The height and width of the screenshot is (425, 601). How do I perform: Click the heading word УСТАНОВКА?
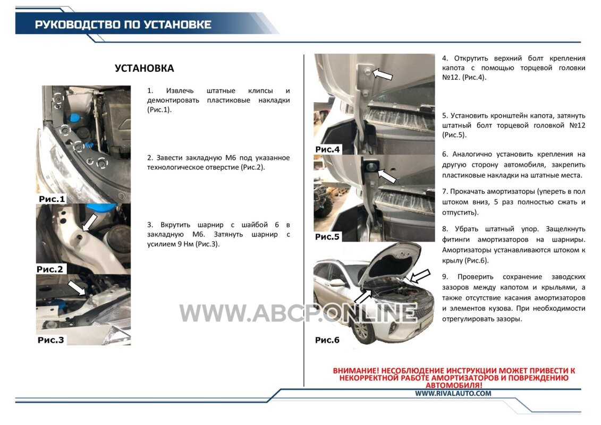[x=144, y=68]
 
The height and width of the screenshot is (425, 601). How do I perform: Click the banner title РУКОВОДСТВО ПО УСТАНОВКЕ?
[x=123, y=24]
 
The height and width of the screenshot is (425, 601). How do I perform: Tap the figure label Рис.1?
[x=52, y=199]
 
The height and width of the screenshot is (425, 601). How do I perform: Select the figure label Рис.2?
[x=50, y=269]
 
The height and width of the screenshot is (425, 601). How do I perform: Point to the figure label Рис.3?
[x=50, y=340]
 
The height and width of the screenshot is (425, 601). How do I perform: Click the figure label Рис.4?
[x=327, y=149]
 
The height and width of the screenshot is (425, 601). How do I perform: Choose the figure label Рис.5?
[x=327, y=237]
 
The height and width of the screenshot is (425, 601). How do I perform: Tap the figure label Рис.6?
[x=327, y=340]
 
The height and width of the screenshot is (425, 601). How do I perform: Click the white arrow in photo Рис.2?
[x=90, y=222]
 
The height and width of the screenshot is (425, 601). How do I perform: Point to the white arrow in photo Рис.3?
[x=77, y=287]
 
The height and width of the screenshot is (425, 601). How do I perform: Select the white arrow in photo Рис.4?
[x=383, y=74]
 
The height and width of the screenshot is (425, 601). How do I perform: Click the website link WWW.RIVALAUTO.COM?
[x=453, y=393]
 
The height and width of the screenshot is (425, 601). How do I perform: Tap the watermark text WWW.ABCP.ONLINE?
[x=298, y=313]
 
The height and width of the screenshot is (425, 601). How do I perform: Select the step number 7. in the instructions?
[x=445, y=191]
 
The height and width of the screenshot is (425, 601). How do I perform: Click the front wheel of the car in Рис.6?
[x=362, y=330]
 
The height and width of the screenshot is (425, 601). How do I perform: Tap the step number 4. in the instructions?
[x=445, y=58]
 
